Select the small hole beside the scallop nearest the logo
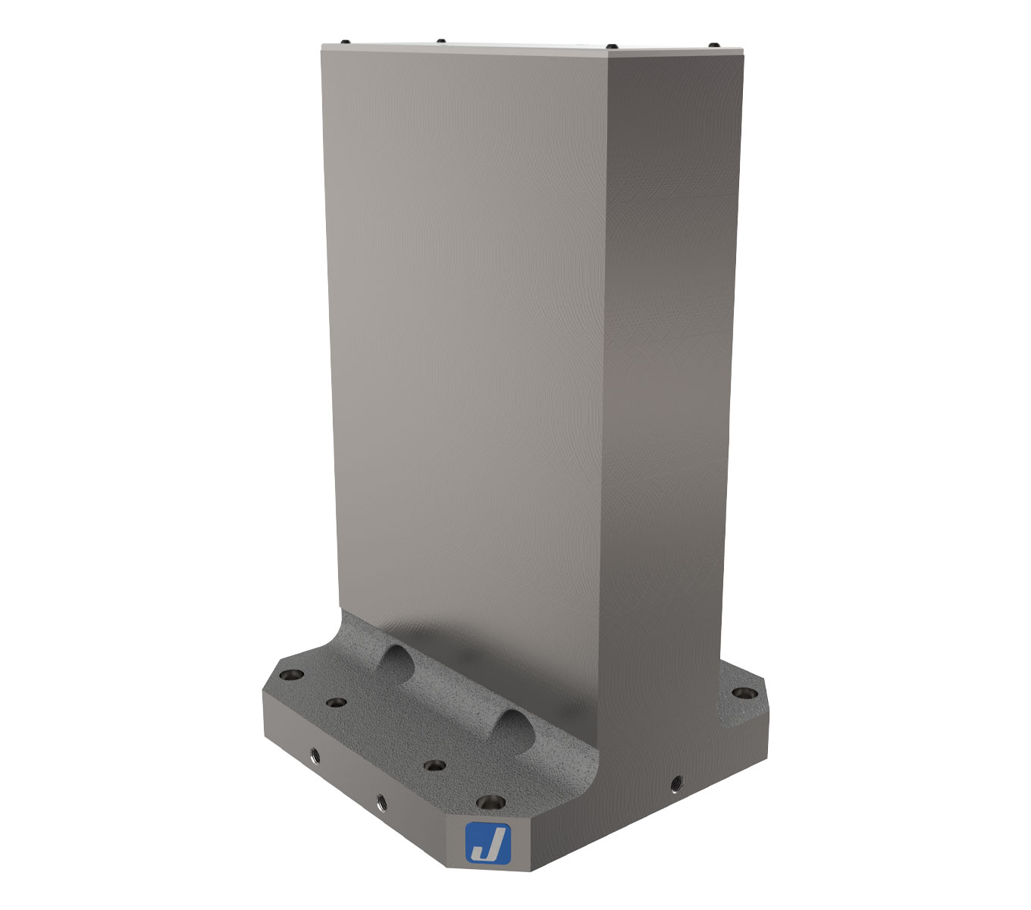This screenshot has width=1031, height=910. coord(434,765)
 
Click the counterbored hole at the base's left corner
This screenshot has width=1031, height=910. coord(290,674)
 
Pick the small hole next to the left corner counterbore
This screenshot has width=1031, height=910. coord(336,703)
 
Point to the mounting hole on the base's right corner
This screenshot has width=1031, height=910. coord(743,693)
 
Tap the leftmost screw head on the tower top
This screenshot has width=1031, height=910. coord(344,41)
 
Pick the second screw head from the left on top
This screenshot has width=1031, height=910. coord(440,40)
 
